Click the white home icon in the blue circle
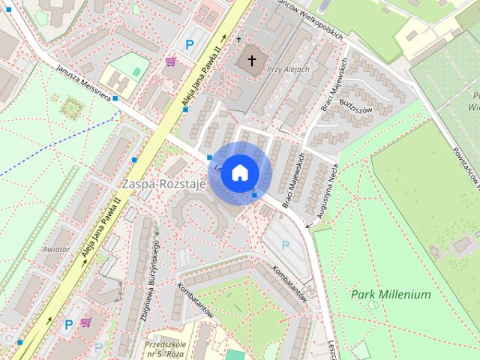point(239,172)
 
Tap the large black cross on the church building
point(252,59)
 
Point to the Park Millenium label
point(391,295)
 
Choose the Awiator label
point(56,249)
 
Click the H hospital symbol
point(117,79)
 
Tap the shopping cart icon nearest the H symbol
point(171,61)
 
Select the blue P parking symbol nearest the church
point(190,45)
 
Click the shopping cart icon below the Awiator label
point(85,322)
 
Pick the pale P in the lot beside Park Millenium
point(285,244)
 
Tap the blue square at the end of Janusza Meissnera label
point(115,98)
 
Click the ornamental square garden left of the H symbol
point(71,109)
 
